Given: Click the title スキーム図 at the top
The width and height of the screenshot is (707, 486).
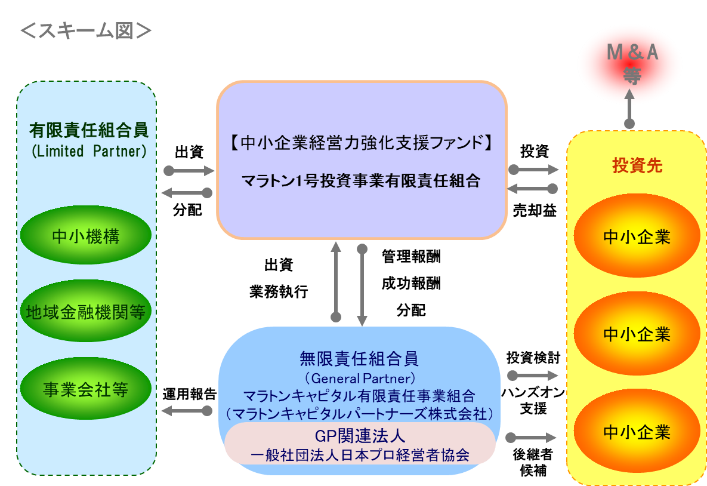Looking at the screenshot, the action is point(86,30).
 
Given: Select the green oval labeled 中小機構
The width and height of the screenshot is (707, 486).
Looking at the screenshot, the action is point(86,235).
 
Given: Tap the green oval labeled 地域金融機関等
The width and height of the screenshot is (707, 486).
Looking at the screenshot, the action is point(86,311).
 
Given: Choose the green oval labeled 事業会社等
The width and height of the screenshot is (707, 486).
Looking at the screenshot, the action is point(86,389).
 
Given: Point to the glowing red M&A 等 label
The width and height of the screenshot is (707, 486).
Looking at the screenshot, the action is point(632,64).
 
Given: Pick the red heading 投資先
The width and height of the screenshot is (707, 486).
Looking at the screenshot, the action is point(637,165).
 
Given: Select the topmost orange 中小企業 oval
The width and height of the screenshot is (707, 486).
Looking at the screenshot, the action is point(637,236).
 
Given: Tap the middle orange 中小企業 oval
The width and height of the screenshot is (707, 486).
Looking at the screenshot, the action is point(637,334).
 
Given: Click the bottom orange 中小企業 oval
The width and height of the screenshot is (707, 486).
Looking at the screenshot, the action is point(637,432).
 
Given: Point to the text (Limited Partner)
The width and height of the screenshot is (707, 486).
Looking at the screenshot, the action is point(89,150).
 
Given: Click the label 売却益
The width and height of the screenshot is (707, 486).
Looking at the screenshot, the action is point(535,210).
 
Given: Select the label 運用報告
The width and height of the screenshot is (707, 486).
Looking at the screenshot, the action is point(190,394).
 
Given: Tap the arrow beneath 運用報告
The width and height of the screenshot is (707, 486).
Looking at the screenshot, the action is point(187,411).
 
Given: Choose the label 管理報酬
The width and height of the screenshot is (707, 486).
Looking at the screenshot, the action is point(411,256).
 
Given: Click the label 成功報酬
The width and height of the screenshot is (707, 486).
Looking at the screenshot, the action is point(411,284).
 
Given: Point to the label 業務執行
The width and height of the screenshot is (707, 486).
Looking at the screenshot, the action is point(279,291).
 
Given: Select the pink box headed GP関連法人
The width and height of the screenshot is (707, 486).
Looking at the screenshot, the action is point(360,444).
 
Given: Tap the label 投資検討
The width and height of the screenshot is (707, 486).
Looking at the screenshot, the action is point(533,358).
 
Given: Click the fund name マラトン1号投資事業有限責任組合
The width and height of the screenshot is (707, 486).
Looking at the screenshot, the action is point(361,180).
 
